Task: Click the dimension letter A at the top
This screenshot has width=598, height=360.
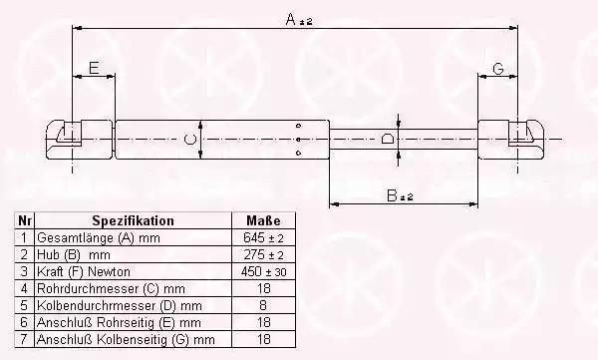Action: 291,19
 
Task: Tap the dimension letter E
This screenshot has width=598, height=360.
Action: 94,68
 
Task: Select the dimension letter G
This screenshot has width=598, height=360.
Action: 498,69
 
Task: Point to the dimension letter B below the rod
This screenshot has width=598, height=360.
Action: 392,195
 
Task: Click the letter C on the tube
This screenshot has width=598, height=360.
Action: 190,139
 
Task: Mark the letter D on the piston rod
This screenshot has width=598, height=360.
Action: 388,139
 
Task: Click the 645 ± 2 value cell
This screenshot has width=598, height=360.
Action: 263,237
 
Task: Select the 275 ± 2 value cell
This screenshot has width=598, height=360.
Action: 263,254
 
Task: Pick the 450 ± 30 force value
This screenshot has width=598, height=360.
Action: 263,272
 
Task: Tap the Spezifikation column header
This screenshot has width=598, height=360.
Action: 134,220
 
